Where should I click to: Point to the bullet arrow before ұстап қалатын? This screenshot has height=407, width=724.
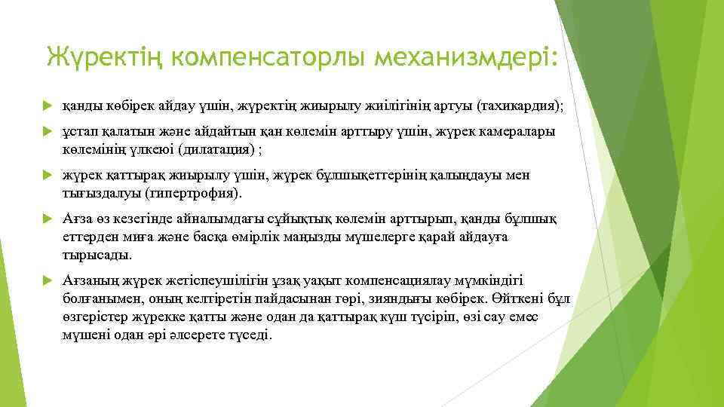coord(47,133)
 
